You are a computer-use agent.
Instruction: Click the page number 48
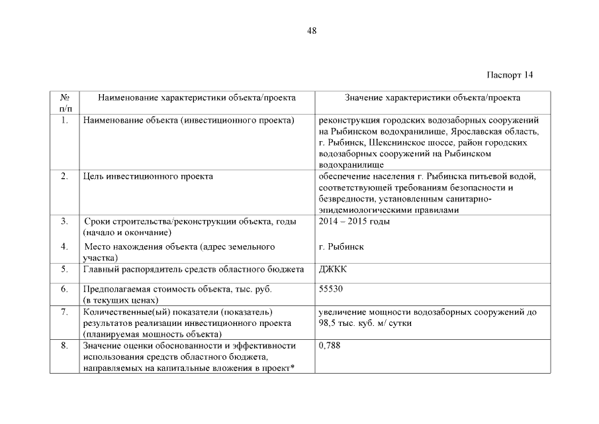[x=312, y=31]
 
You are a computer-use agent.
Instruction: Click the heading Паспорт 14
[x=510, y=74]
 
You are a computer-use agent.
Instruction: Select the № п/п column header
[x=65, y=103]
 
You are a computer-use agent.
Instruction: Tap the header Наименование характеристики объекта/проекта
[x=197, y=98]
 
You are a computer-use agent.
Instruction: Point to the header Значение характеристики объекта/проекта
[x=433, y=98]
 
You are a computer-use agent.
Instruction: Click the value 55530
[x=331, y=290]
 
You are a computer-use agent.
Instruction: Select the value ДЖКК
[x=333, y=270]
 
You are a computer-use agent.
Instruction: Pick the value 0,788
[x=330, y=345]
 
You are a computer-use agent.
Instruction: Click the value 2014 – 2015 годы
[x=354, y=221]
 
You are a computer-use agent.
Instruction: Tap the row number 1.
[x=64, y=121]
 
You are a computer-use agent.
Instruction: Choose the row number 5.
[x=64, y=270]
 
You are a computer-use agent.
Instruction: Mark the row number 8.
[x=64, y=345]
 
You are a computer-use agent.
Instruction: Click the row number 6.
[x=64, y=290]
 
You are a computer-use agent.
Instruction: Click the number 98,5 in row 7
[x=328, y=323]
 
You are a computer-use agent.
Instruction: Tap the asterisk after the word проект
[x=292, y=368]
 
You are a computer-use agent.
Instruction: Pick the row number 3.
[x=64, y=221]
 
